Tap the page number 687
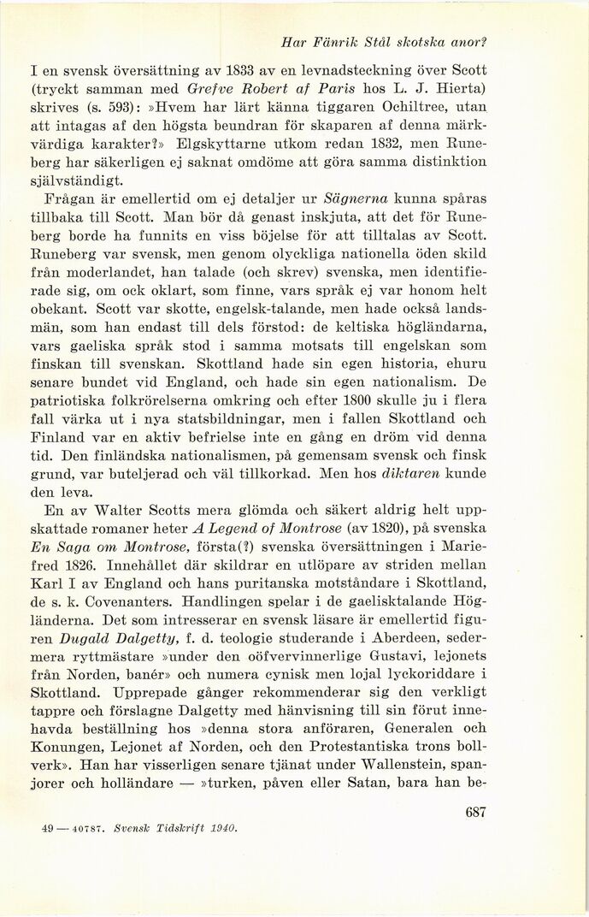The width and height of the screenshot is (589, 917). click(x=475, y=813)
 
